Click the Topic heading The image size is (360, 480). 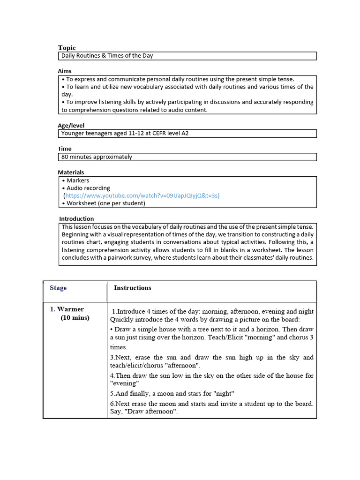[67, 48]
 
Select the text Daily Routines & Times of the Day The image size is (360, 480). [107, 56]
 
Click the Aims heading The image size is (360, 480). [65, 71]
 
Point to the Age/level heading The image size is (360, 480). [71, 126]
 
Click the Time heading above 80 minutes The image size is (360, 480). [65, 149]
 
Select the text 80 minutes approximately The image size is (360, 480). [97, 157]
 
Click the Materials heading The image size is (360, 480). [71, 172]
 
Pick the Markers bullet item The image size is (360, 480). [77, 180]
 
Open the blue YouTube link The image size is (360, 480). [142, 195]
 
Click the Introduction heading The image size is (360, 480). [76, 218]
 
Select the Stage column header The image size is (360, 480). [58, 288]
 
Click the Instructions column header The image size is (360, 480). [133, 288]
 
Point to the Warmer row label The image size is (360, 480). [70, 309]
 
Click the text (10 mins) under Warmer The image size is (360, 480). [75, 318]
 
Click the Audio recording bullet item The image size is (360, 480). [88, 188]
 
